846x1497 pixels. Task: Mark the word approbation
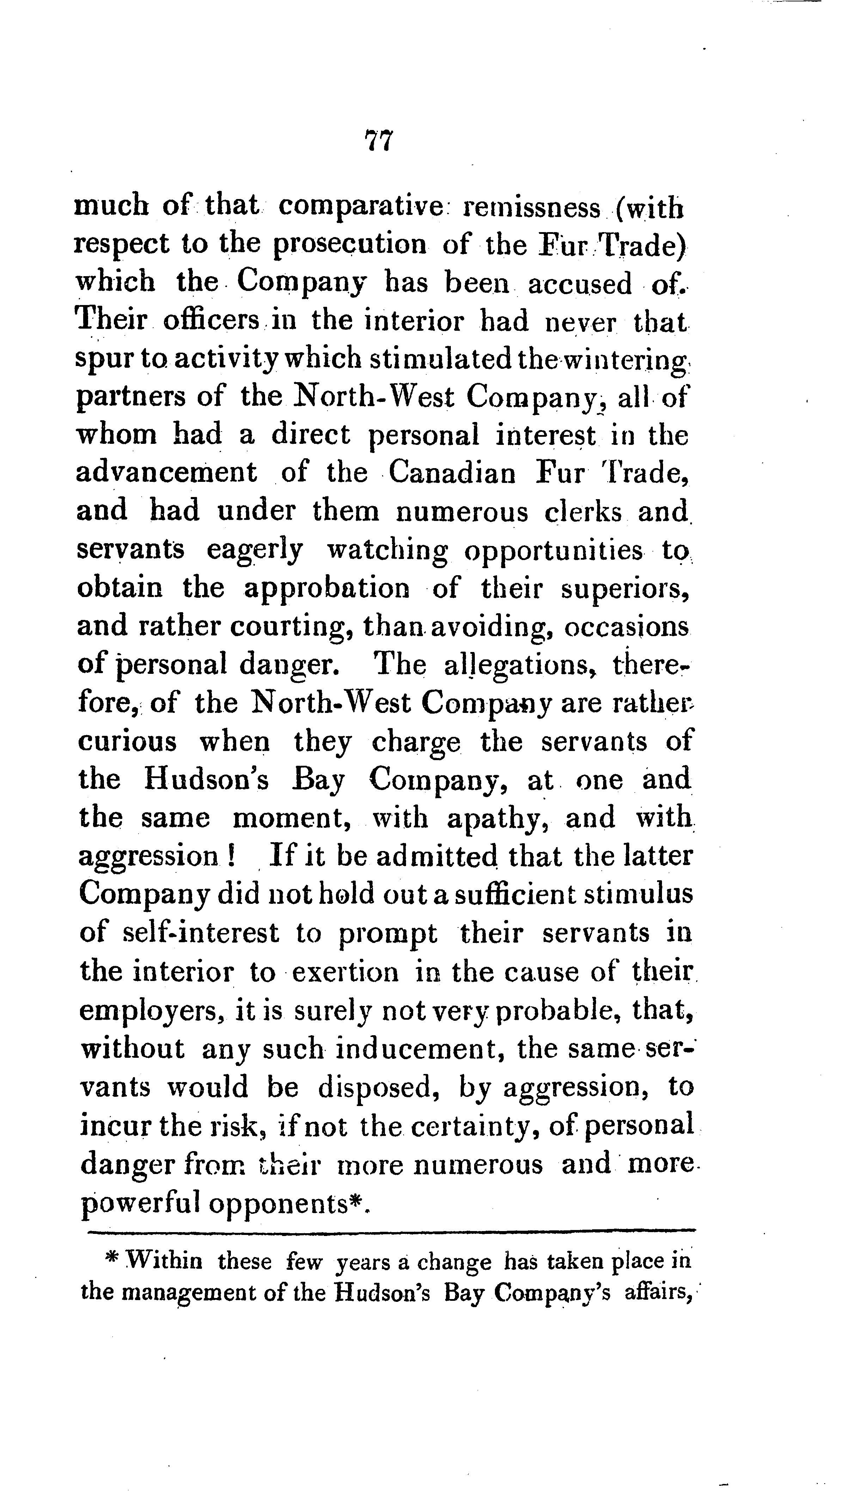[327, 588]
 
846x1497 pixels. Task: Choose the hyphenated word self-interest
[202, 934]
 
